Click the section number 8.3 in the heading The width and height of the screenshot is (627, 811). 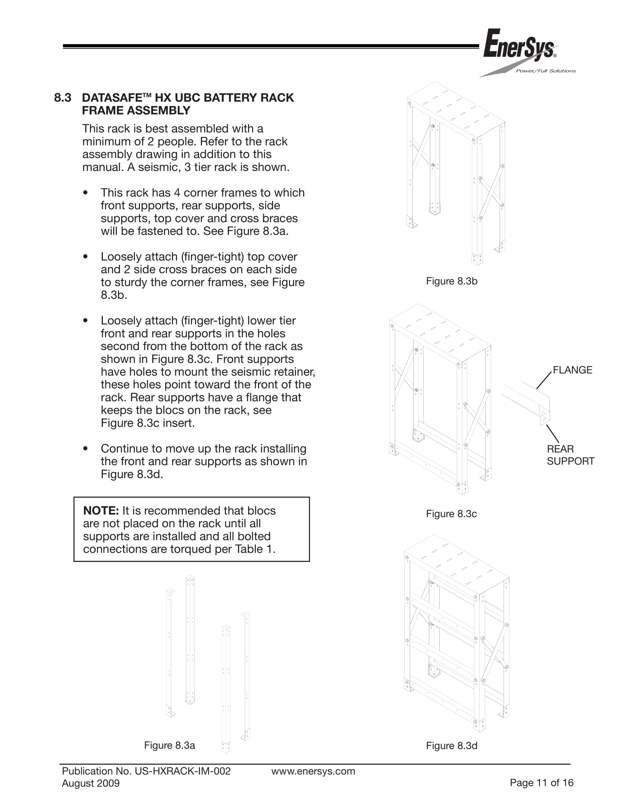click(62, 98)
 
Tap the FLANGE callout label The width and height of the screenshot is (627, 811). click(572, 370)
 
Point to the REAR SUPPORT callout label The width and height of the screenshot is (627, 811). click(570, 455)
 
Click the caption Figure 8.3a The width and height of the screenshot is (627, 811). click(170, 745)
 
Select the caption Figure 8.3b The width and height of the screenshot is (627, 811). click(451, 281)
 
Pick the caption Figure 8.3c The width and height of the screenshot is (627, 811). click(451, 514)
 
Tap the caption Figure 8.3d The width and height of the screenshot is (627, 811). click(451, 746)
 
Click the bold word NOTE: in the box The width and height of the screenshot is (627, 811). click(101, 511)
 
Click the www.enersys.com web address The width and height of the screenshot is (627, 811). click(313, 771)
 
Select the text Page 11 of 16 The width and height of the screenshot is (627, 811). click(541, 783)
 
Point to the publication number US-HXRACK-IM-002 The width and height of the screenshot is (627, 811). click(182, 771)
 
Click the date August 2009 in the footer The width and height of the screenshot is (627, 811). click(91, 783)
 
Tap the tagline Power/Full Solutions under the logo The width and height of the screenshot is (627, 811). click(545, 71)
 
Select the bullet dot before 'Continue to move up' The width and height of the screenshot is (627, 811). click(86, 448)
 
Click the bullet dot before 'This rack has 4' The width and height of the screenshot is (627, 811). click(86, 193)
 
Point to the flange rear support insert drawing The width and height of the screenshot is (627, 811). click(527, 403)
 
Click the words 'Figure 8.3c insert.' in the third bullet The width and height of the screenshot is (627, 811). click(147, 423)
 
